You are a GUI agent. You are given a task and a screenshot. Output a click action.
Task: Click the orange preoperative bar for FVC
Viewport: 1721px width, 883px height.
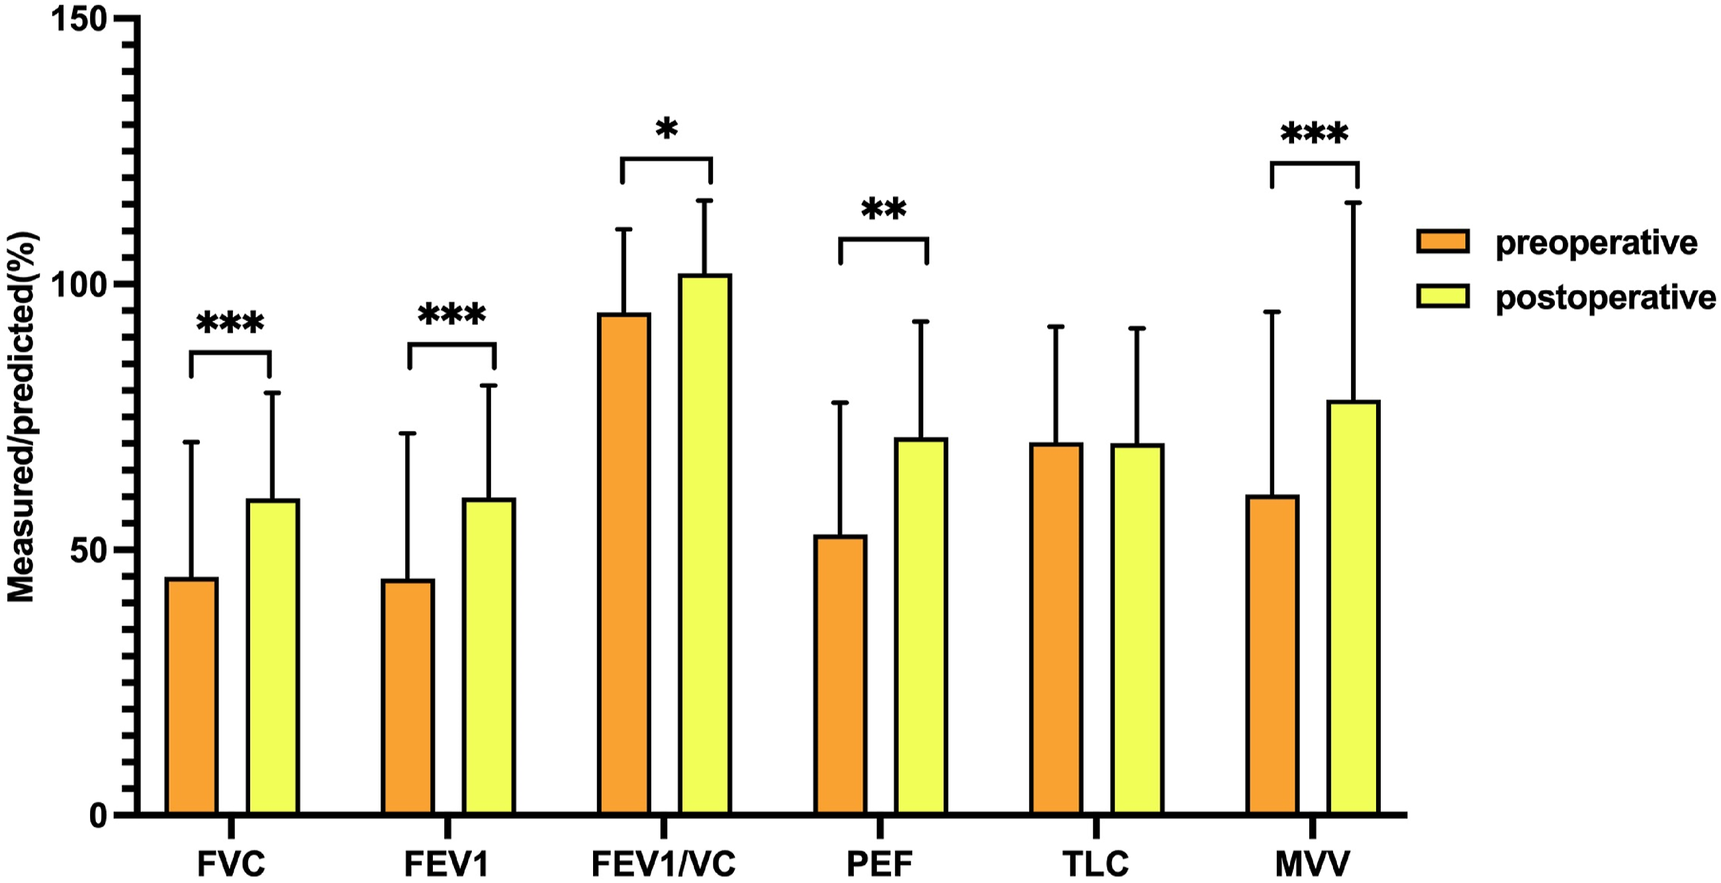click(191, 696)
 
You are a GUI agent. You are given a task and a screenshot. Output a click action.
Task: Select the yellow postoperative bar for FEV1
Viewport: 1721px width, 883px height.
click(489, 657)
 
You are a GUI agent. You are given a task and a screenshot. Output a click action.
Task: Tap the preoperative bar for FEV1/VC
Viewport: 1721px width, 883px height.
click(624, 564)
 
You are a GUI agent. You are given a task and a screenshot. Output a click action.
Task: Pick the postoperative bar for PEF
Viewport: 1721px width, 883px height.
click(921, 627)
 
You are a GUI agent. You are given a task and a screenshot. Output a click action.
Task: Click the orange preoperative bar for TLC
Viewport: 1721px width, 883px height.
click(1056, 629)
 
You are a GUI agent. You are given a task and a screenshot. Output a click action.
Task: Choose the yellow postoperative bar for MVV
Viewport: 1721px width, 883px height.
click(1354, 608)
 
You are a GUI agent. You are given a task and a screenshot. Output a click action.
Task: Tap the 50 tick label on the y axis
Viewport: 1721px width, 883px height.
click(89, 550)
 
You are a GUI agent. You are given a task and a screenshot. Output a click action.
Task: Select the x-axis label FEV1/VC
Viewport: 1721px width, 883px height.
click(663, 864)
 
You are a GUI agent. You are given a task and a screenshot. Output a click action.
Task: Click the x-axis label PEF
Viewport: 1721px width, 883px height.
click(880, 864)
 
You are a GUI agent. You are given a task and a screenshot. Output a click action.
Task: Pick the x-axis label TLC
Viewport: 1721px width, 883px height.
click(1095, 864)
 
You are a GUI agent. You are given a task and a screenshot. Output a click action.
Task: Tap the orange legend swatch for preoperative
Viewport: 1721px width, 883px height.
click(1443, 241)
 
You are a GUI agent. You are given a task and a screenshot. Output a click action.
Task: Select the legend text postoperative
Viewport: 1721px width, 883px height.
click(1605, 298)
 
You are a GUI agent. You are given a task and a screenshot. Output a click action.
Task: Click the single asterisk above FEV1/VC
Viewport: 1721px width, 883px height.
click(667, 128)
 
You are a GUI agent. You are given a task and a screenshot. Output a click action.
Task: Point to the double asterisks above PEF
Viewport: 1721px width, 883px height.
click(884, 209)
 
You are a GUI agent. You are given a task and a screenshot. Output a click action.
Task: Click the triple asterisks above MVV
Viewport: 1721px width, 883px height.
click(1314, 133)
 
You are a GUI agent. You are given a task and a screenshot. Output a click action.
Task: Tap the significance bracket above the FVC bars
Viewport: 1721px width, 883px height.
click(230, 352)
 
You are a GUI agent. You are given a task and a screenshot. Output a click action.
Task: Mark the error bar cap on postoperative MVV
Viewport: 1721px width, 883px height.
click(1354, 203)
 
